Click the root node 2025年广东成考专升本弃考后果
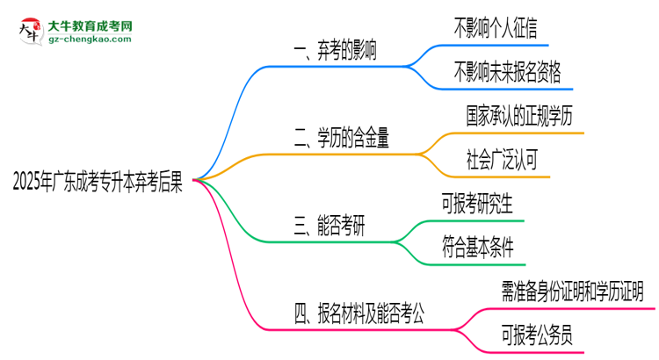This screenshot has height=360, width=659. click(x=98, y=182)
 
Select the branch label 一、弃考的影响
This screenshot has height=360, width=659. click(x=336, y=51)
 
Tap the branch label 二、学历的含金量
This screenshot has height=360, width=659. click(x=343, y=136)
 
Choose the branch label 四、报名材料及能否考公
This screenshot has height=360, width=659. click(x=360, y=313)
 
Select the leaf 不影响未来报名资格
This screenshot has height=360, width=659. click(x=507, y=70)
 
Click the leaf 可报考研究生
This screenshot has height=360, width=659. click(x=484, y=205)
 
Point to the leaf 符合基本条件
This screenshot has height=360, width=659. click(x=484, y=247)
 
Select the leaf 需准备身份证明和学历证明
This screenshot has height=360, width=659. click(x=572, y=291)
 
